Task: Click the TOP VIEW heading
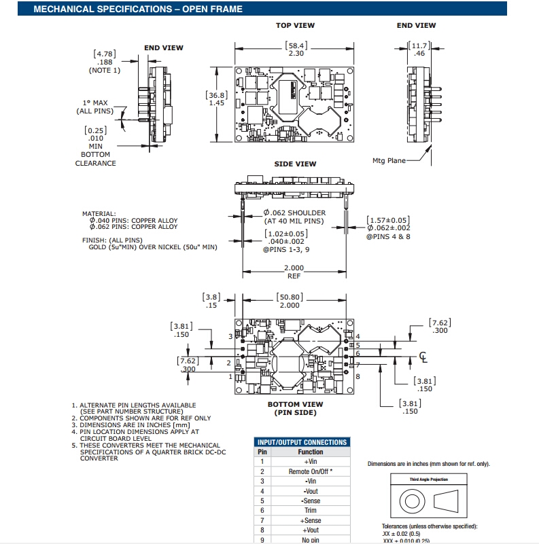295,25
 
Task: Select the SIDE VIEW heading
295,164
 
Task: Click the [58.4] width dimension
296,46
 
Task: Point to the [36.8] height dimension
216,95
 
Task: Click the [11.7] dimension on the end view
418,46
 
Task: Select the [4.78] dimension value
104,54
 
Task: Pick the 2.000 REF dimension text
294,272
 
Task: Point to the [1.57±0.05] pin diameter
388,219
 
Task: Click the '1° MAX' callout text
94,103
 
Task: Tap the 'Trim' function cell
311,510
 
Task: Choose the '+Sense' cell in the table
311,520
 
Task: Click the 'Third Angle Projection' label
428,479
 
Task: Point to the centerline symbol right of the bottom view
423,356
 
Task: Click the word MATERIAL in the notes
99,213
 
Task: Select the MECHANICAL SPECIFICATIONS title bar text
138,9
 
